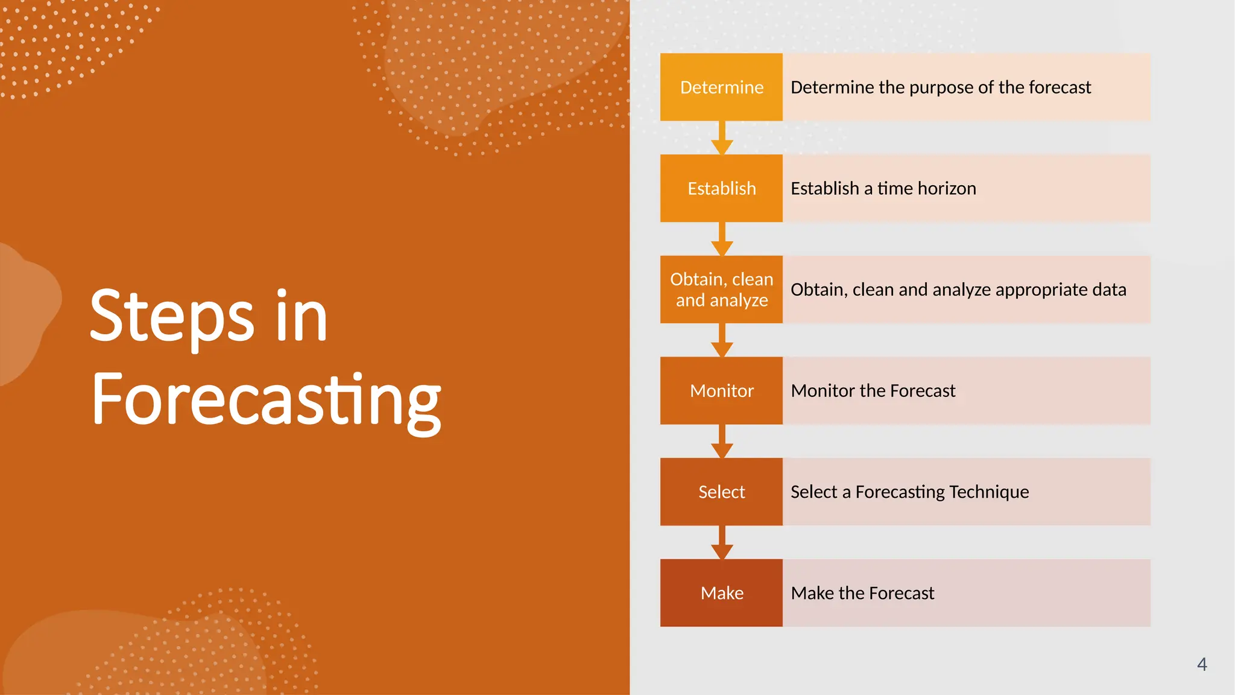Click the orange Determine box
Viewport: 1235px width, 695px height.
(x=721, y=87)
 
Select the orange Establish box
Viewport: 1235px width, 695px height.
(x=721, y=188)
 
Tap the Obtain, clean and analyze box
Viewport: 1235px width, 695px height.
(x=721, y=290)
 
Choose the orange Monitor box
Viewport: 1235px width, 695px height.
(x=721, y=391)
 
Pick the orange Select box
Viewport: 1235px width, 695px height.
(x=721, y=492)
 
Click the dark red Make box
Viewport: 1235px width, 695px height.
(x=721, y=593)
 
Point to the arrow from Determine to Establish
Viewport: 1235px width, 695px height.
(x=722, y=139)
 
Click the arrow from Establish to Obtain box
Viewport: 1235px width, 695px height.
(x=722, y=240)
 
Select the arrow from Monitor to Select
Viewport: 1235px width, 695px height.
(x=722, y=442)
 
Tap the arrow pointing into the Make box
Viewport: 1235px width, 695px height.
(x=722, y=544)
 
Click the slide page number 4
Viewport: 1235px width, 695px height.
(x=1201, y=664)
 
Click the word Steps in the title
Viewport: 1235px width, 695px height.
(x=172, y=316)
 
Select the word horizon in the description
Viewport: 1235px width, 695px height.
(x=947, y=189)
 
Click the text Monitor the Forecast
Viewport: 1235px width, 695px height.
(x=873, y=391)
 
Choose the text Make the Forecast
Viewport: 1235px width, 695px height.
(x=862, y=594)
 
